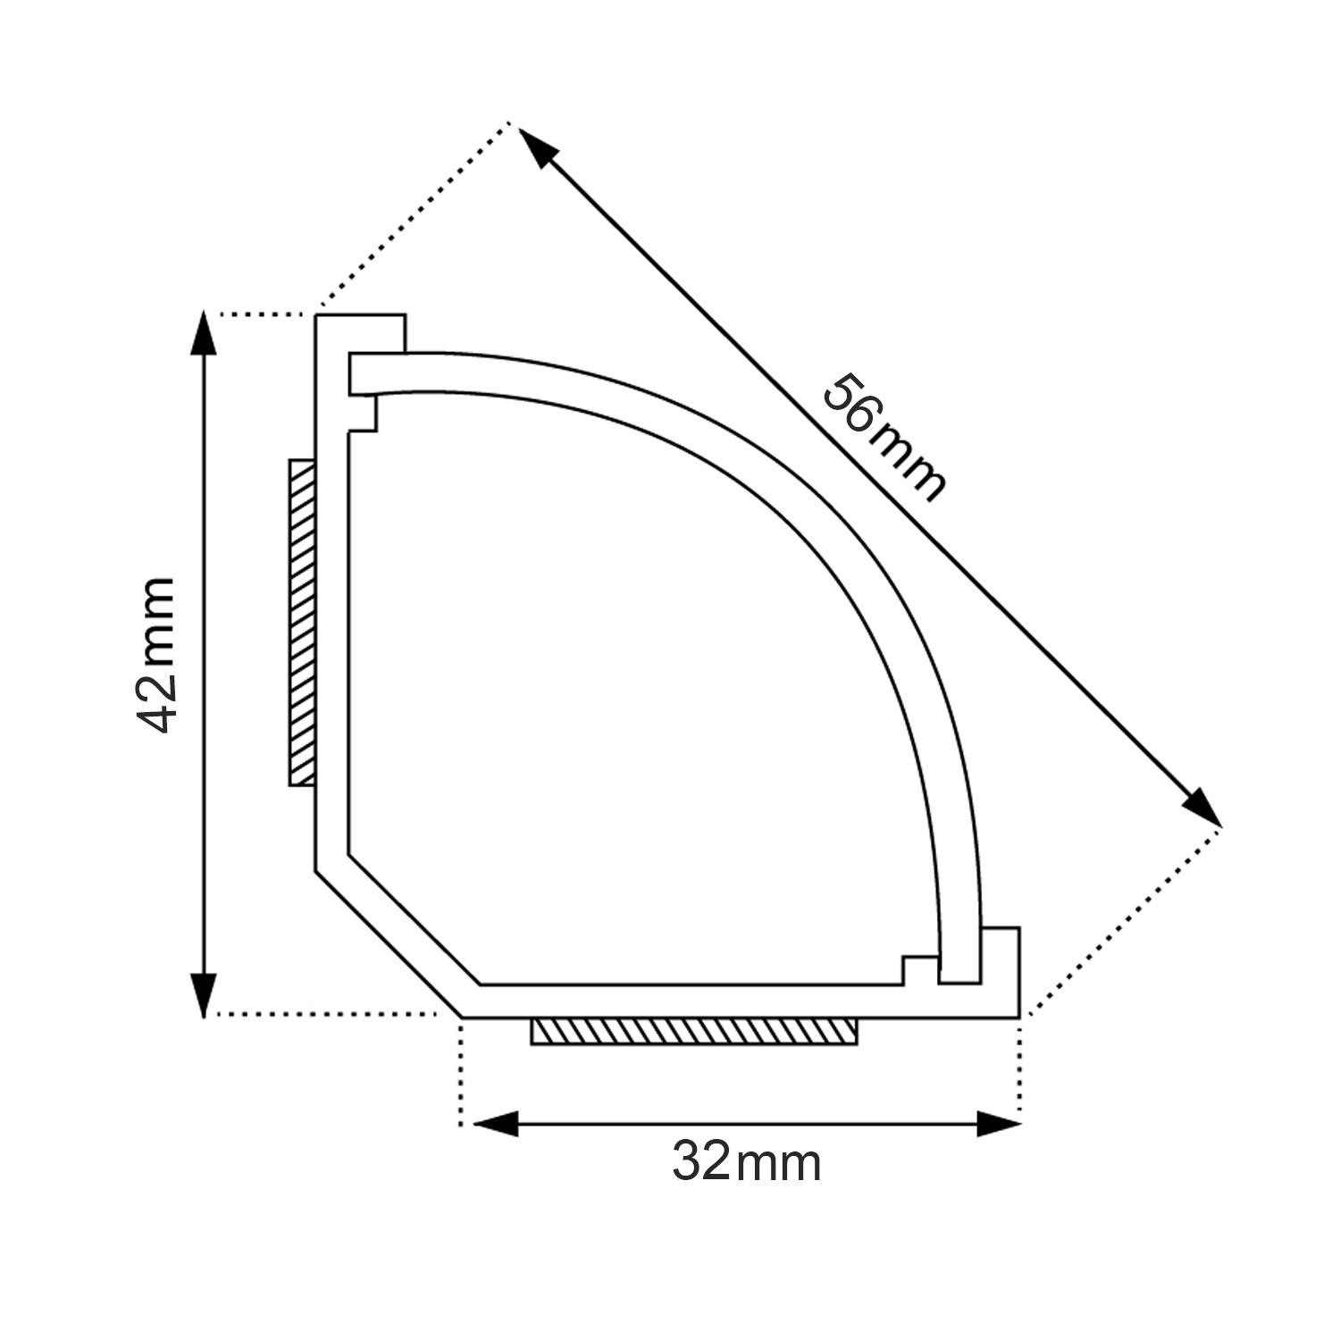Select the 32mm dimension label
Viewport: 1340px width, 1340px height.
746,1162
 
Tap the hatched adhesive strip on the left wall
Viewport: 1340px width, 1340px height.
302,623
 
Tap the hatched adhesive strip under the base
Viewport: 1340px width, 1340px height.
694,1031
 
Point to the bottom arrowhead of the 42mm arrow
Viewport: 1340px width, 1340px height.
205,992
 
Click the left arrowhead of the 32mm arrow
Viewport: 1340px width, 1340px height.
495,1124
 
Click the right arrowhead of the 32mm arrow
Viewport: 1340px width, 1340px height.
998,1124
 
